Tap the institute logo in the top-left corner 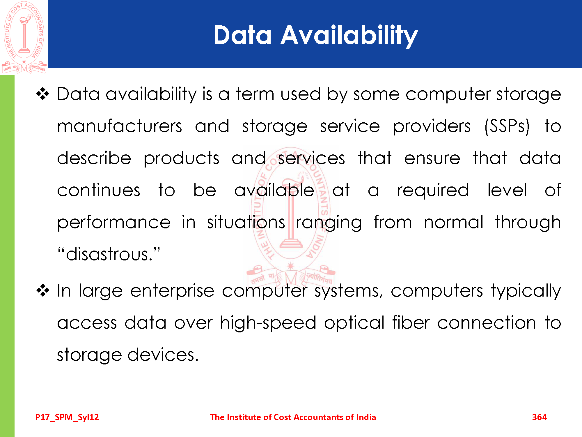pos(24,37)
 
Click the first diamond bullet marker pos(43,94)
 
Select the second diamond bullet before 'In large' pos(43,290)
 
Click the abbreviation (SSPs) pos(507,126)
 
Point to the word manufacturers pos(120,126)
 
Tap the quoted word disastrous pos(109,254)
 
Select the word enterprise pos(172,291)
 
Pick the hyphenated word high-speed pos(268,323)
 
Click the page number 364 pos(539,417)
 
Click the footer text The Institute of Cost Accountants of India pos(293,417)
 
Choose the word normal pos(453,222)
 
